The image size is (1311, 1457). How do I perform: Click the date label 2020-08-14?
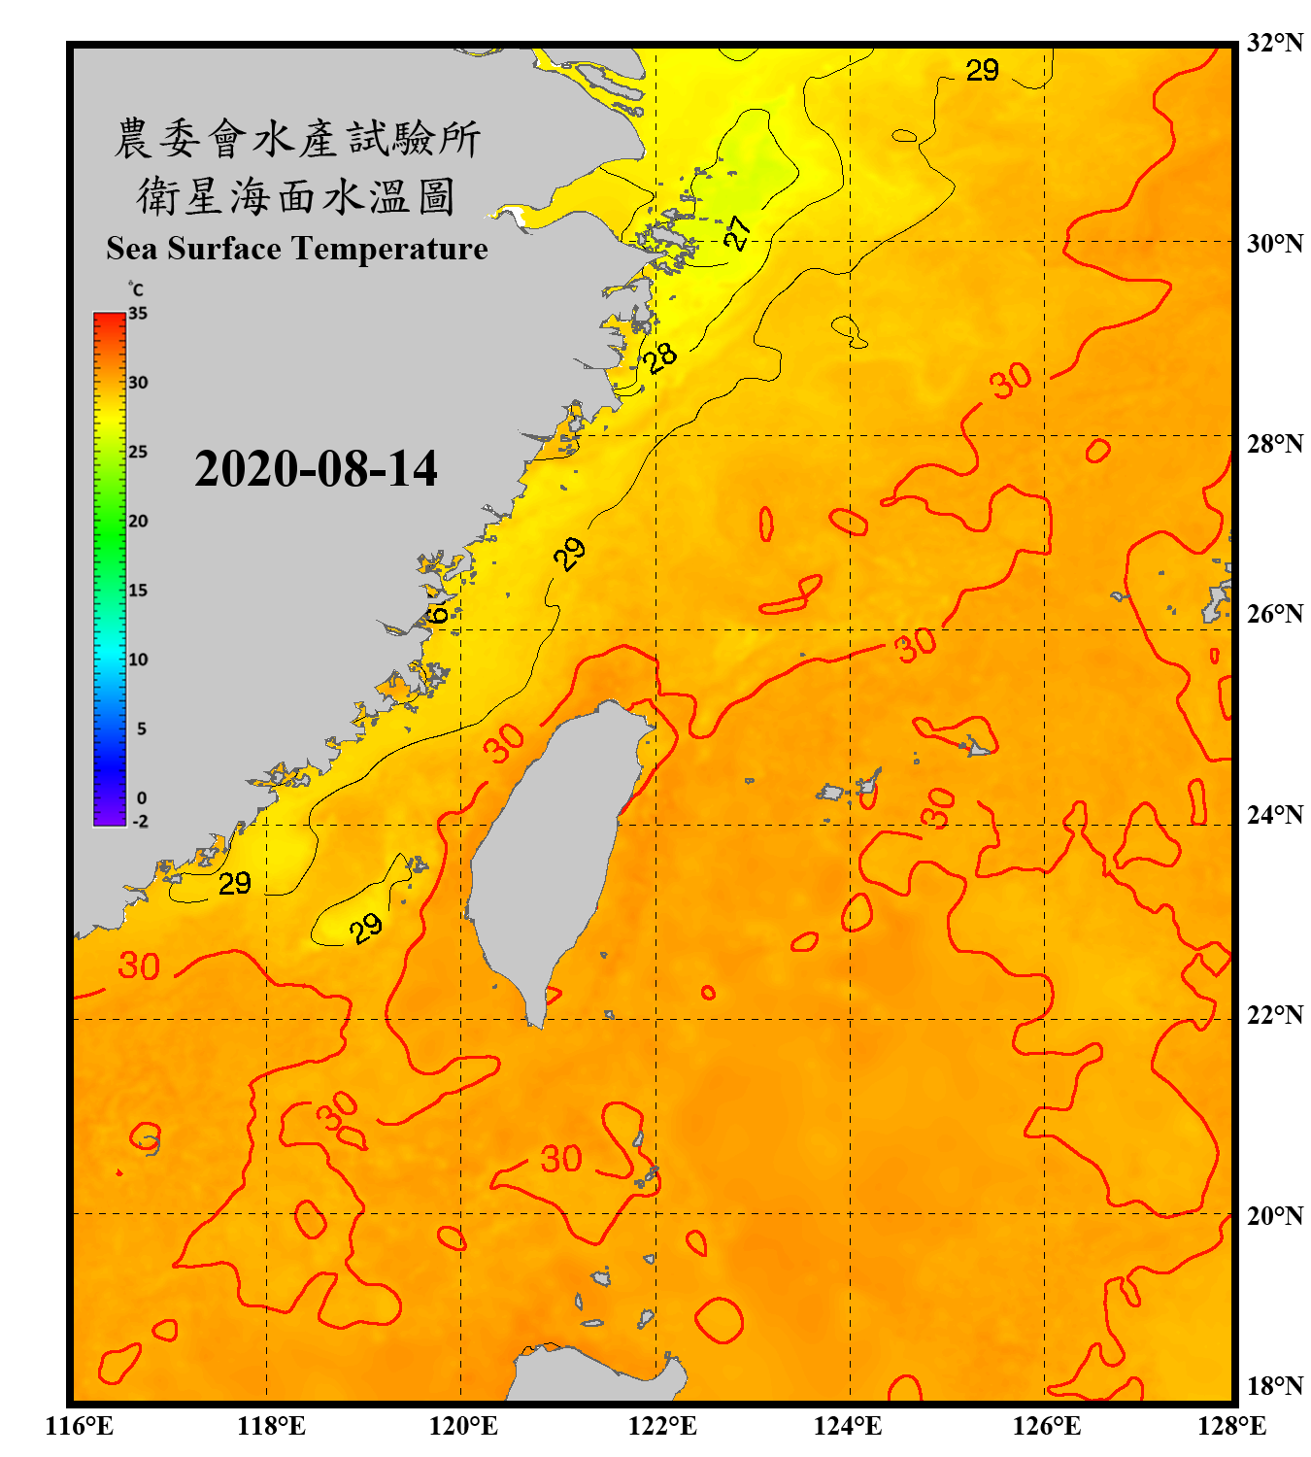316,469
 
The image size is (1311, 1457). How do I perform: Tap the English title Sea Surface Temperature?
297,249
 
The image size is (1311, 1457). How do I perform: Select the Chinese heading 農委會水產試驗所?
297,139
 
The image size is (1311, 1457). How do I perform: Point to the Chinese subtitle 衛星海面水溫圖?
297,196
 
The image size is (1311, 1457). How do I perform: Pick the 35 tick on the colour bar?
138,313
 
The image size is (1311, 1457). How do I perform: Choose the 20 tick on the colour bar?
138,521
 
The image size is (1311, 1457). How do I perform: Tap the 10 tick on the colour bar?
138,660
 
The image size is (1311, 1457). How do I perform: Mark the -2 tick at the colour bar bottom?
140,822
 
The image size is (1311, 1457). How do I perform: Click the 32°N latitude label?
1274,43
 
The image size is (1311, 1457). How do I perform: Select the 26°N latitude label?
1274,614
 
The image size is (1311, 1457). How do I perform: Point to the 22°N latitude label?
1274,1015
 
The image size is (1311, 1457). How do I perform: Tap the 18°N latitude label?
1274,1386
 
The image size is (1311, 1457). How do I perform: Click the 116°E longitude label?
79,1426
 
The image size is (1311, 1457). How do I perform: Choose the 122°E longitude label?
662,1426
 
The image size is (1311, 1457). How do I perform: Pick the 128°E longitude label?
1231,1426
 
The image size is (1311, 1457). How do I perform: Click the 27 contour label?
737,233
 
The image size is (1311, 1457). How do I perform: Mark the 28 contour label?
660,356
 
